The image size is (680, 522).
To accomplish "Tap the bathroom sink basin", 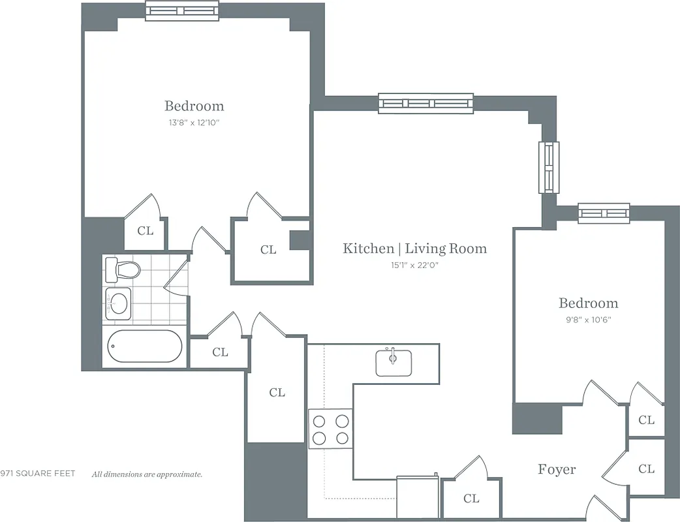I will click(118, 303).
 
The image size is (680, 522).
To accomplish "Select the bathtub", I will click(144, 346).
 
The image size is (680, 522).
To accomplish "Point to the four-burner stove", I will click(330, 429).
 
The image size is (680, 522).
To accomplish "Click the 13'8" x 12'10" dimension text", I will click(194, 123).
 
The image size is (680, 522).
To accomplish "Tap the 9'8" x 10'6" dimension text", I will click(588, 320).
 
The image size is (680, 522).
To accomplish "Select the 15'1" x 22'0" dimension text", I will click(414, 265).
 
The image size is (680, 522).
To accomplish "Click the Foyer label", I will click(557, 469).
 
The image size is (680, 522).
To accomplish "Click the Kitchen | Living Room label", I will click(414, 248).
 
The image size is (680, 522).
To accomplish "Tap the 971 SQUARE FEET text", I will click(38, 474).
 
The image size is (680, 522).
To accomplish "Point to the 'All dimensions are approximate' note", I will click(147, 474).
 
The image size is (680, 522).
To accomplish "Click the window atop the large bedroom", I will click(182, 10).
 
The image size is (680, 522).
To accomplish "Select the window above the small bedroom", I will click(604, 213).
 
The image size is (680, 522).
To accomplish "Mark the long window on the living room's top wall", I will click(425, 103).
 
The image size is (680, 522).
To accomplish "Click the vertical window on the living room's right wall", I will click(548, 167).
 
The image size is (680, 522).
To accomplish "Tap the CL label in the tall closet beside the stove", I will click(277, 392).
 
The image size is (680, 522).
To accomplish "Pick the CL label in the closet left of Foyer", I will click(471, 499).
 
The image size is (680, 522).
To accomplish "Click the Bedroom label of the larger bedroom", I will click(194, 106).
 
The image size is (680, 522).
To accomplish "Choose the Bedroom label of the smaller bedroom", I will click(588, 303).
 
